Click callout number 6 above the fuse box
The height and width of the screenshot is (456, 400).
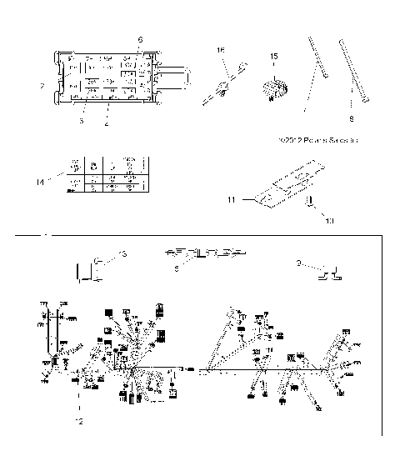pyautogui.click(x=140, y=39)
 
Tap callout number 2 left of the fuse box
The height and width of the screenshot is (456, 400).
pyautogui.click(x=42, y=85)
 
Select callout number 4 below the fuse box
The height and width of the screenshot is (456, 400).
pyautogui.click(x=107, y=123)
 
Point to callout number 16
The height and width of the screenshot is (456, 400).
pyautogui.click(x=221, y=51)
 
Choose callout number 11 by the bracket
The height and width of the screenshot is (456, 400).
pyautogui.click(x=232, y=200)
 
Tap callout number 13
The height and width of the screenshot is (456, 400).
pyautogui.click(x=122, y=253)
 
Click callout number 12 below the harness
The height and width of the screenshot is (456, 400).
pyautogui.click(x=79, y=420)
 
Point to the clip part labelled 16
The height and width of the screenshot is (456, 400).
pyautogui.click(x=223, y=84)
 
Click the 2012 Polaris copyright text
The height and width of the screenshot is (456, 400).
pyautogui.click(x=322, y=140)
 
